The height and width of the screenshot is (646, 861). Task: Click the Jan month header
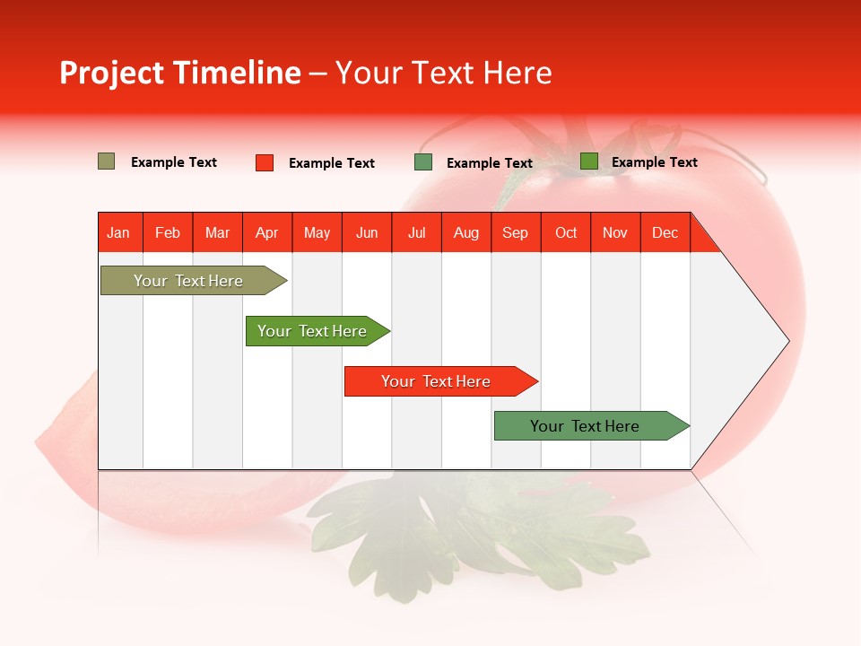[x=118, y=232]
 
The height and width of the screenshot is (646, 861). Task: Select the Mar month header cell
[x=217, y=232]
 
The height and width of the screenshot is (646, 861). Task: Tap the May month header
[x=317, y=232]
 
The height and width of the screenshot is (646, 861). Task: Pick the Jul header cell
[x=416, y=232]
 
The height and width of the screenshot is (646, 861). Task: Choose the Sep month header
[x=515, y=232]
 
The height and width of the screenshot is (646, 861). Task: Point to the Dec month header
[x=665, y=232]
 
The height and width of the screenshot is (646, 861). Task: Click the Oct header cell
[x=566, y=232]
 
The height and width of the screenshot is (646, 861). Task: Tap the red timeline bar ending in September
[x=437, y=381]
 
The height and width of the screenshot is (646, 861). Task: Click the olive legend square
[x=106, y=161]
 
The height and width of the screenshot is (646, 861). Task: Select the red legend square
[x=264, y=162]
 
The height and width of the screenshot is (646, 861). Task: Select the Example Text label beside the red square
[x=331, y=163]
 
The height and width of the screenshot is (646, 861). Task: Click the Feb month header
[x=168, y=232]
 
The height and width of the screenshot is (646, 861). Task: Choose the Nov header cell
[x=615, y=232]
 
